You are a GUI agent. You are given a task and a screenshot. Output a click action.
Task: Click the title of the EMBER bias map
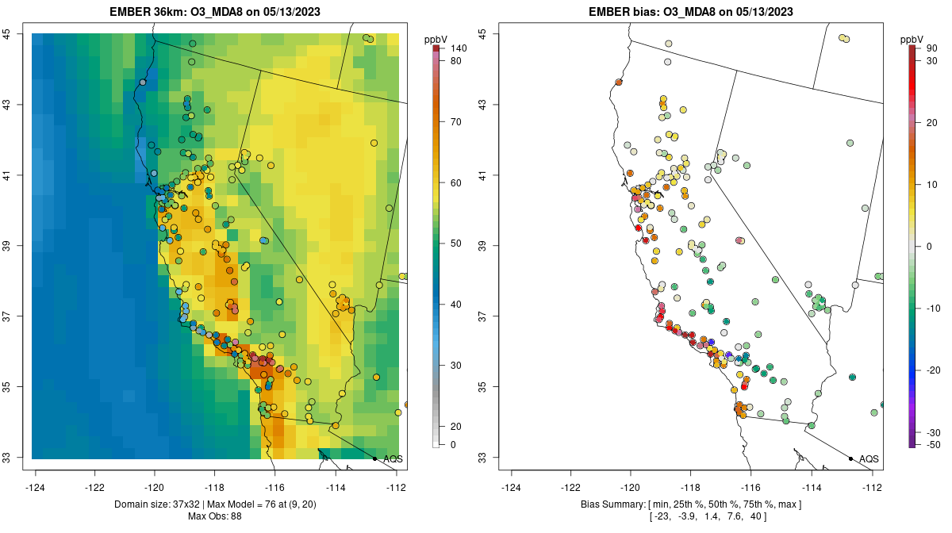pyautogui.click(x=691, y=12)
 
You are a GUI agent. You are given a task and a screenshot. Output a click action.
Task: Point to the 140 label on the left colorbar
pyautogui.click(x=458, y=48)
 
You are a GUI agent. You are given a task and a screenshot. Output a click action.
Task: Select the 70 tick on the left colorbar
pyautogui.click(x=456, y=122)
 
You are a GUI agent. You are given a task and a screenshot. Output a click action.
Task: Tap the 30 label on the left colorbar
pyautogui.click(x=456, y=365)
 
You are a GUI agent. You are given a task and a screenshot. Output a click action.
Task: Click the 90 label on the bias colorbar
pyautogui.click(x=931, y=48)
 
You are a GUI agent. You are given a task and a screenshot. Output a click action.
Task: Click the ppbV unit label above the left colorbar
pyautogui.click(x=436, y=38)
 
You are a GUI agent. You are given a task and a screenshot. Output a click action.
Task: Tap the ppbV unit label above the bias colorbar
pyautogui.click(x=912, y=38)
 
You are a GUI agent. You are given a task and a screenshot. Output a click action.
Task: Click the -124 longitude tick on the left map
pyautogui.click(x=36, y=487)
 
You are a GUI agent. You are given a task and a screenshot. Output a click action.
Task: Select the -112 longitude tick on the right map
pyautogui.click(x=872, y=487)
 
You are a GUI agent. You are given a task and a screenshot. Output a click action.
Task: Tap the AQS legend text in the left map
pyautogui.click(x=393, y=458)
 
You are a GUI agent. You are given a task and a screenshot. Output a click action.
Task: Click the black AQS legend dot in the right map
pyautogui.click(x=850, y=458)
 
